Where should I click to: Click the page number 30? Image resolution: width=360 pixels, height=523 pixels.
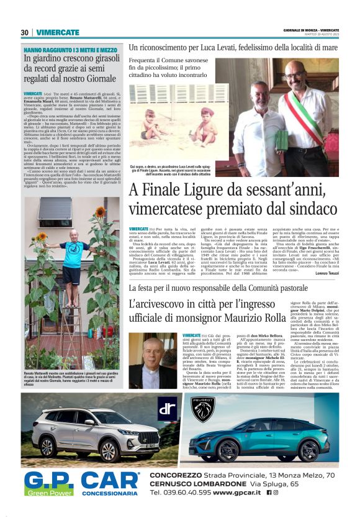tap(24, 32)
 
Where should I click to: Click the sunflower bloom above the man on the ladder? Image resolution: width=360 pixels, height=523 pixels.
tap(99, 212)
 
